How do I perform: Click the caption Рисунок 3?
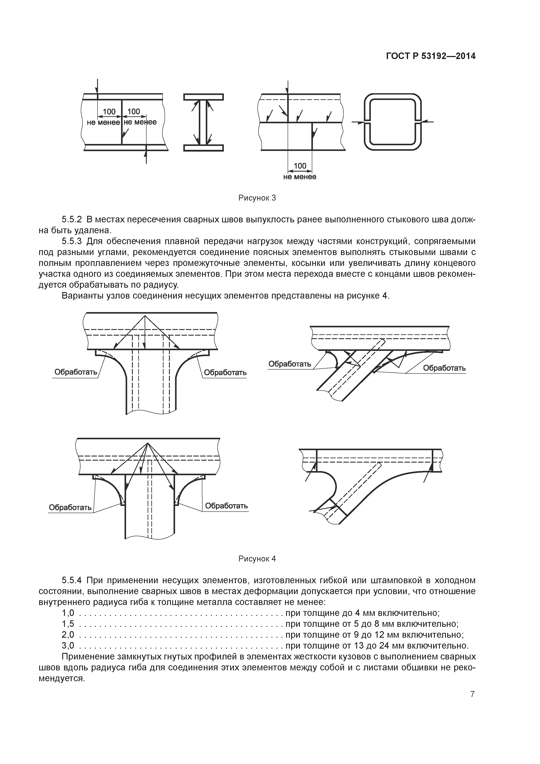tap(257, 198)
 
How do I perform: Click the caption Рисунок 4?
tap(257, 559)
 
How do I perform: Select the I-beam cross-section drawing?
tap(203, 122)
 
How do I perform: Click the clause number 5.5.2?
tap(72, 220)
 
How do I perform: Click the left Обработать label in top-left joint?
tap(76, 372)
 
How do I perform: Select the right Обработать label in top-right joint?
tap(444, 368)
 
